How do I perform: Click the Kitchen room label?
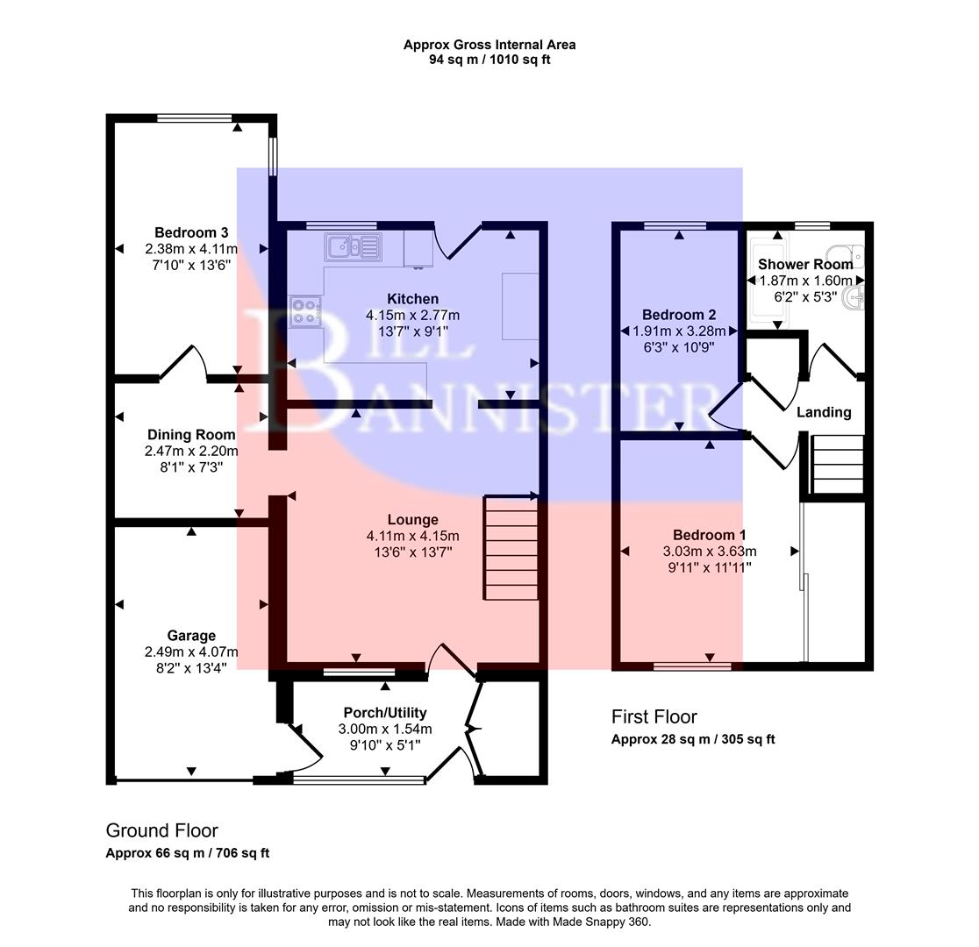(x=412, y=299)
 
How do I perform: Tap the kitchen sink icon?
(x=353, y=247)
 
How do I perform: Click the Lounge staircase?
(x=511, y=548)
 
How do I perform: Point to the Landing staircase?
(x=838, y=466)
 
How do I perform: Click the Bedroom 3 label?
(x=191, y=232)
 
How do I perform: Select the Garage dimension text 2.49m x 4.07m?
(x=191, y=652)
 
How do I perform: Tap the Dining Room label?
(x=191, y=435)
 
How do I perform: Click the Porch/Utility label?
(x=384, y=713)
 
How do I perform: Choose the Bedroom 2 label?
(x=679, y=315)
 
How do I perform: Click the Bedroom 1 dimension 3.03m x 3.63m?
(x=709, y=552)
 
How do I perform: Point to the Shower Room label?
(x=804, y=264)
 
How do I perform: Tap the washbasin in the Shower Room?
(x=853, y=301)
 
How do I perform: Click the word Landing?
(x=823, y=412)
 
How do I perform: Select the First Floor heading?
(x=654, y=717)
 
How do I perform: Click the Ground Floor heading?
(x=161, y=830)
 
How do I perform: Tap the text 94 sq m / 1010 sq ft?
(x=489, y=60)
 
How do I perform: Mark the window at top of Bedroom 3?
(x=195, y=117)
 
